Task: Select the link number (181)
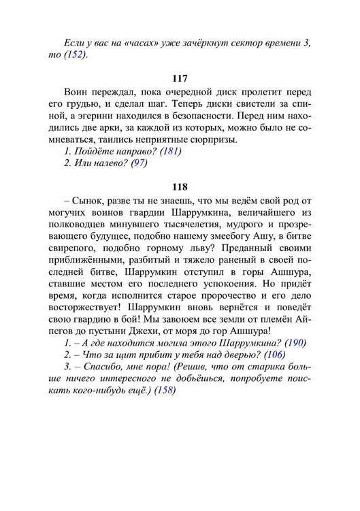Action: [x=170, y=151]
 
